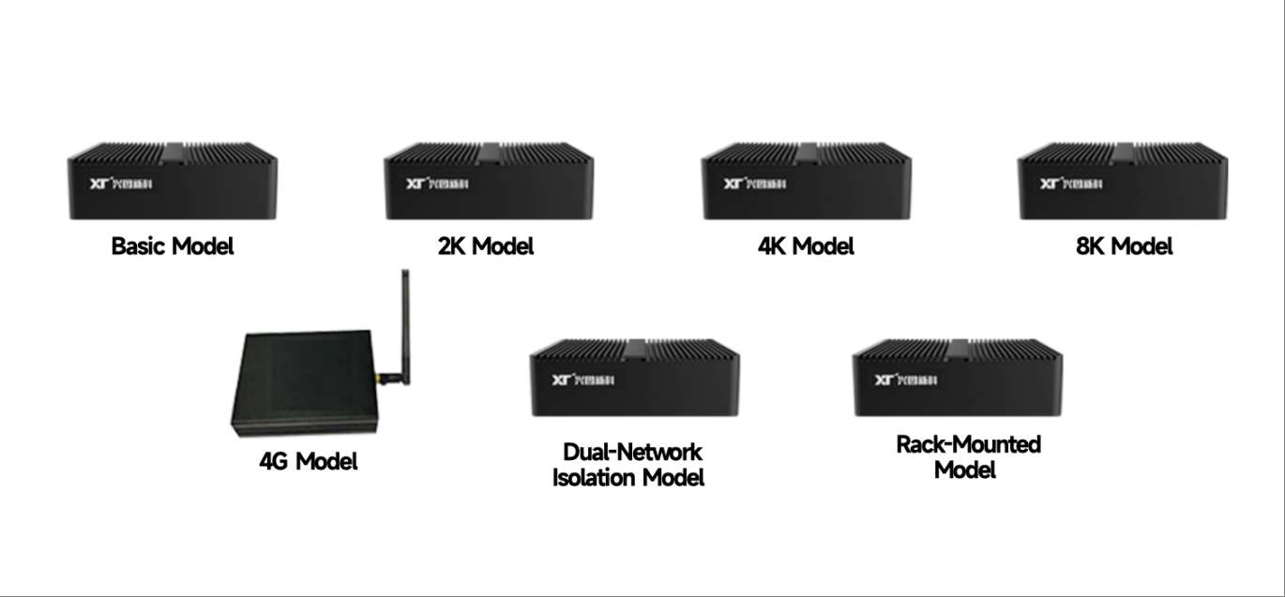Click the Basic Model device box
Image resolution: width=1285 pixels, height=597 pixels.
tap(173, 182)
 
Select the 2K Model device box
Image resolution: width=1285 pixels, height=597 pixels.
tap(489, 182)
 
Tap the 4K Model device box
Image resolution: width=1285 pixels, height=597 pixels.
tap(807, 182)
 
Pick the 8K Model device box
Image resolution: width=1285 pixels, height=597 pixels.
tap(1123, 182)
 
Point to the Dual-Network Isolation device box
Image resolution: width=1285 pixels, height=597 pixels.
tap(635, 379)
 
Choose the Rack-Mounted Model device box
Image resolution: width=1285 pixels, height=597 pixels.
tap(958, 379)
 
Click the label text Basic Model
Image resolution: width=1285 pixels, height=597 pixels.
tap(173, 246)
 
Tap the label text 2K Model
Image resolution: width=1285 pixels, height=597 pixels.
tap(486, 246)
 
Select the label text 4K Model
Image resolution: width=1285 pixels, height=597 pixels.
tap(807, 246)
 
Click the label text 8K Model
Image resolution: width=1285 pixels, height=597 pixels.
tap(1124, 246)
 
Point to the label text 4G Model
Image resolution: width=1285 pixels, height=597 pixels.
tap(309, 461)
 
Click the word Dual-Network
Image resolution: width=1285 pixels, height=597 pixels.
tap(632, 452)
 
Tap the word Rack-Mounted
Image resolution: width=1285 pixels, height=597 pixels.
tap(969, 443)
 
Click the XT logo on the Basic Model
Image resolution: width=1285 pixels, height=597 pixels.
tap(99, 184)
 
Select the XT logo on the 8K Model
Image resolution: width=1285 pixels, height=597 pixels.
tap(1051, 184)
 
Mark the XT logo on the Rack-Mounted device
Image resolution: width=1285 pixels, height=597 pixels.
tap(884, 380)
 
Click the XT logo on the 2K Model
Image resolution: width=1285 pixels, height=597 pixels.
tap(416, 184)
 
